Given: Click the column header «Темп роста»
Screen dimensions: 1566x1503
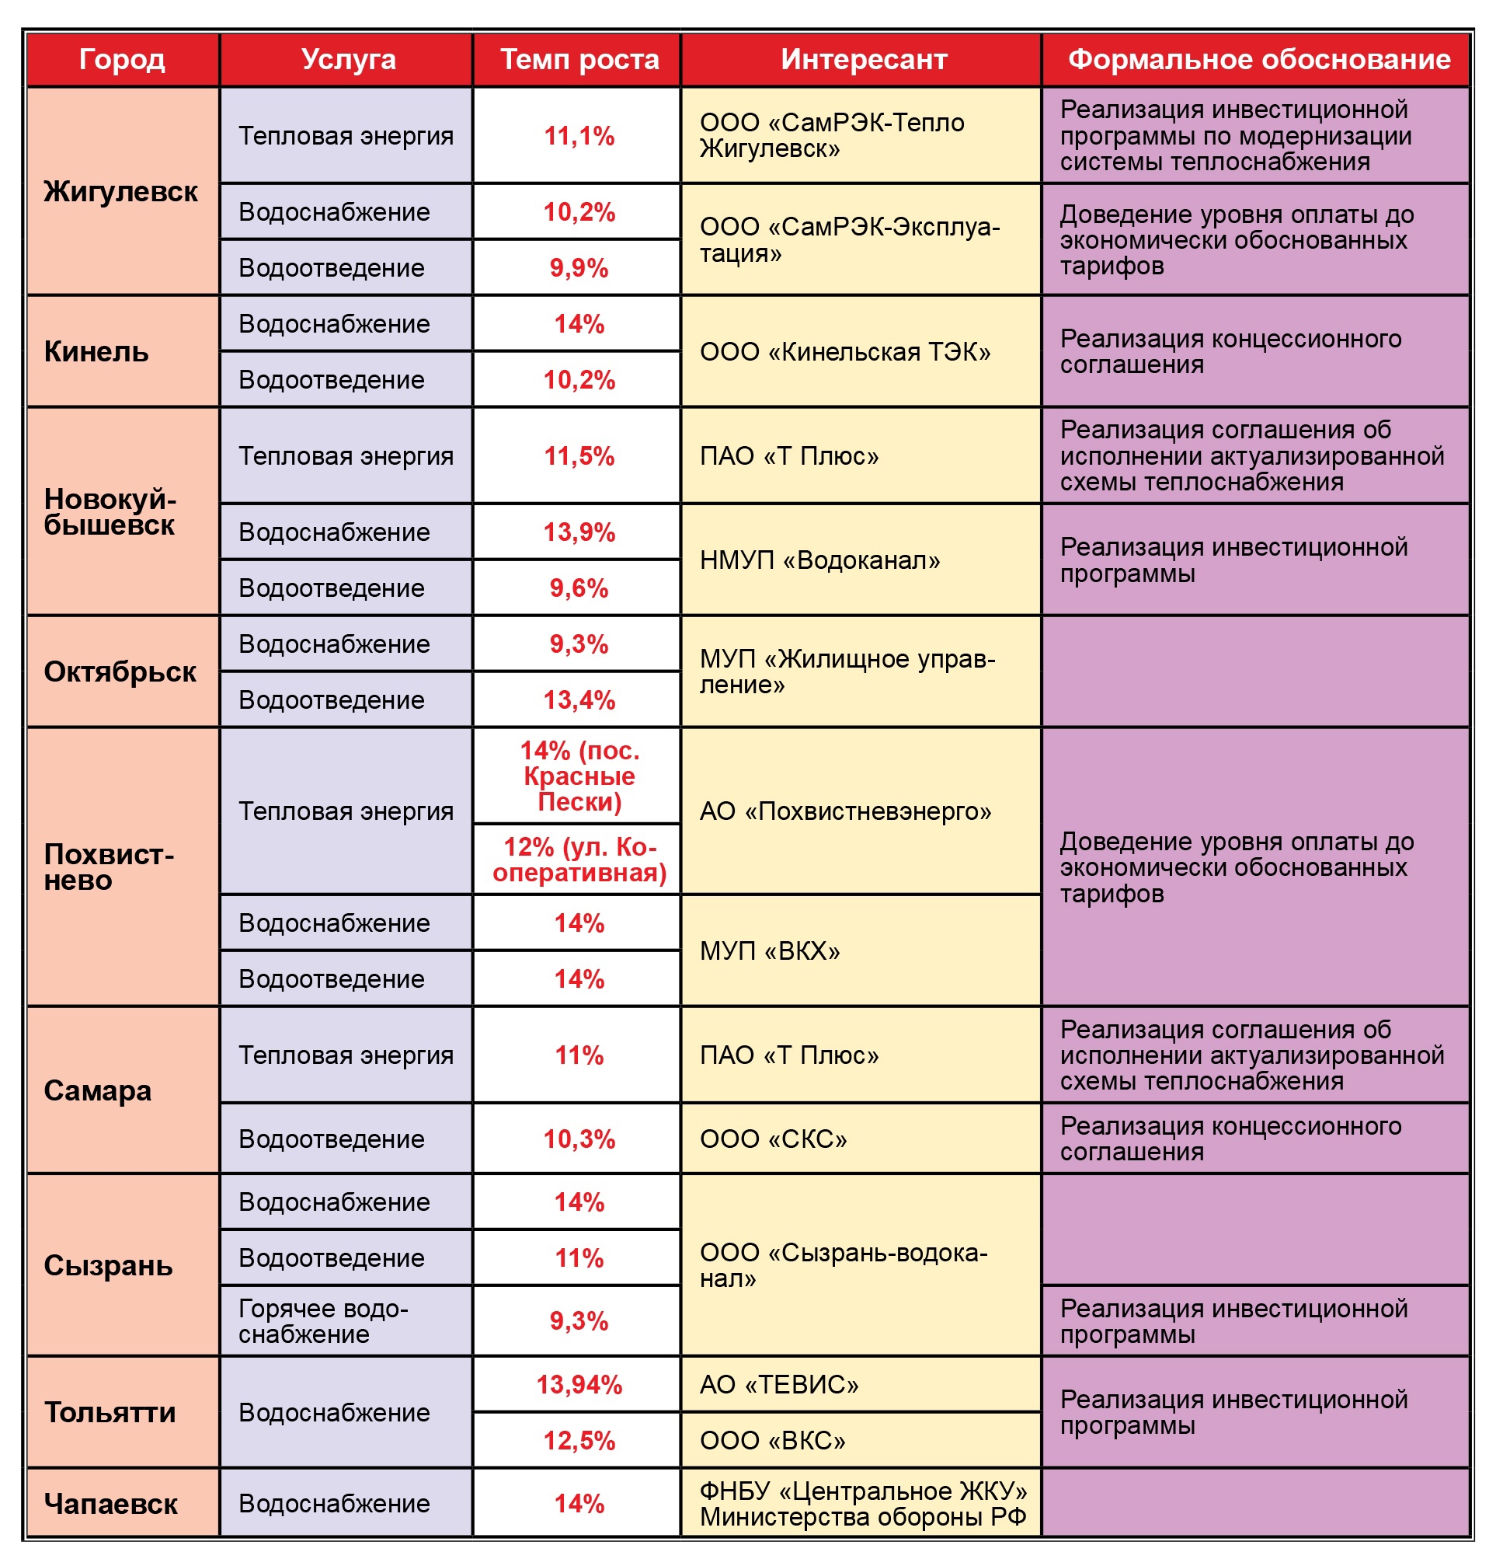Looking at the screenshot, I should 579,59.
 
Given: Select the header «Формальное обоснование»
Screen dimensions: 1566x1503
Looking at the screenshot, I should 1258,59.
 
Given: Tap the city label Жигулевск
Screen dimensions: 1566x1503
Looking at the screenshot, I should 120,192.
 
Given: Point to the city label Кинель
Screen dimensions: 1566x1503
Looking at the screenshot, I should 96,351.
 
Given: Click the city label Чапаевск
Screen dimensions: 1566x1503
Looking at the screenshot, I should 110,1504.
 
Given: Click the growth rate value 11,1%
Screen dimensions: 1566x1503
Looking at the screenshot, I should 579,136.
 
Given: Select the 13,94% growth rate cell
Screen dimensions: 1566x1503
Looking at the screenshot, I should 579,1385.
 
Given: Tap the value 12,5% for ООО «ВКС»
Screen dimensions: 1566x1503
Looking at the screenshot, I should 579,1441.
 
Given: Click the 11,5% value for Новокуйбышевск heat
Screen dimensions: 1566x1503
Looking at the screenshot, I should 579,456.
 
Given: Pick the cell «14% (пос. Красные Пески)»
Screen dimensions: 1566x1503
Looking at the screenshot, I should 579,776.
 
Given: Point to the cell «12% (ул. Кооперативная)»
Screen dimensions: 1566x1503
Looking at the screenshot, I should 579,860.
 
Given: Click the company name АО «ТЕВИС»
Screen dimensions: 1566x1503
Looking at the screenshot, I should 778,1385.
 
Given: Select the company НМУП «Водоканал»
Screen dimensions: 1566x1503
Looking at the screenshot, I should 819,560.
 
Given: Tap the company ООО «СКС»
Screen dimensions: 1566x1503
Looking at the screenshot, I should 773,1139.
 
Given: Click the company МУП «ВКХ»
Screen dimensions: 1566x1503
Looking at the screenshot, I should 770,950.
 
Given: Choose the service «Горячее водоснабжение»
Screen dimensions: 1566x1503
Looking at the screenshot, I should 322,1321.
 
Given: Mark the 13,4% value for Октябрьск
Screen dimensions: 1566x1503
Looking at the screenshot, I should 579,700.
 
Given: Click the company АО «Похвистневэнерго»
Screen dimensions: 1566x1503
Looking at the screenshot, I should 845,811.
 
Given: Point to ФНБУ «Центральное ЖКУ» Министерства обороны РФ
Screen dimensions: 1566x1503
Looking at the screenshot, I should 862,1504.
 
